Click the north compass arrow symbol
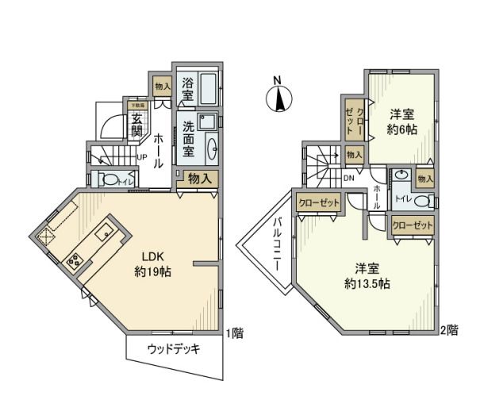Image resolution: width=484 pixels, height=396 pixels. pyautogui.click(x=278, y=98)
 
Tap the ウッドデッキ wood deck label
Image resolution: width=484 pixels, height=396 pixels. pyautogui.click(x=173, y=350)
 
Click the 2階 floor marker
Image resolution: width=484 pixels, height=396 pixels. pyautogui.click(x=450, y=330)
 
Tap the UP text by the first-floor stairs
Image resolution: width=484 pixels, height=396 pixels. pyautogui.click(x=140, y=156)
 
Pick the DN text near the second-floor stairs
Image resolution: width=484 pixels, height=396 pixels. pyautogui.click(x=349, y=178)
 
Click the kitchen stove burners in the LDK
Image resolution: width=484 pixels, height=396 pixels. pyautogui.click(x=73, y=258)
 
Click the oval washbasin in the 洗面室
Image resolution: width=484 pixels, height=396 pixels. pyautogui.click(x=211, y=148)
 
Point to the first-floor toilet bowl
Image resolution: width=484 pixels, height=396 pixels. pyautogui.click(x=110, y=180)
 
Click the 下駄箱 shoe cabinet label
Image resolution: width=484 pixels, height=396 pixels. pyautogui.click(x=137, y=104)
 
